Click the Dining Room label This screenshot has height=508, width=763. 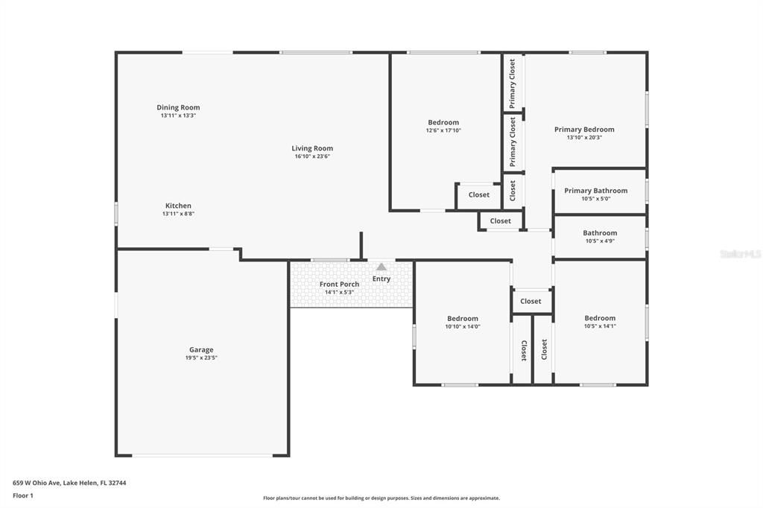coord(178,107)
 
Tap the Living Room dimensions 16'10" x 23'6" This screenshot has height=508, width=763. coord(312,156)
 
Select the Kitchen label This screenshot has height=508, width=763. coord(178,206)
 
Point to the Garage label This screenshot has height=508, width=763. coord(201,349)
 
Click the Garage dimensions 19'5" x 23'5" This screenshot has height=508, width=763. coord(201,358)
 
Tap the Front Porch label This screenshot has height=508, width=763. coord(339,284)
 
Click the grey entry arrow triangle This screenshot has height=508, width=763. coord(381,267)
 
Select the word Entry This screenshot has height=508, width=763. coord(381,279)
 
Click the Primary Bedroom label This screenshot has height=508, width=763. coord(584,129)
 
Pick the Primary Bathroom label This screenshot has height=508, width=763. coord(595,191)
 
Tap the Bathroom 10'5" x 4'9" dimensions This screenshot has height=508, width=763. coord(600,241)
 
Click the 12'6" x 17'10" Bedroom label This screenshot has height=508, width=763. coord(443,122)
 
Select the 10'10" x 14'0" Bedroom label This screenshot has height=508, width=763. coord(463,318)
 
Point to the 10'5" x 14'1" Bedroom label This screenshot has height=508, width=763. coord(600,318)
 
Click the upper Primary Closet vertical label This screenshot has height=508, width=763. coord(513,83)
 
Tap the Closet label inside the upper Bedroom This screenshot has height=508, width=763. coord(479,195)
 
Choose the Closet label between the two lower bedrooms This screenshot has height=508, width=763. coord(531,301)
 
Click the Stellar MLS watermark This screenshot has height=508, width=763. coord(740,254)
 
